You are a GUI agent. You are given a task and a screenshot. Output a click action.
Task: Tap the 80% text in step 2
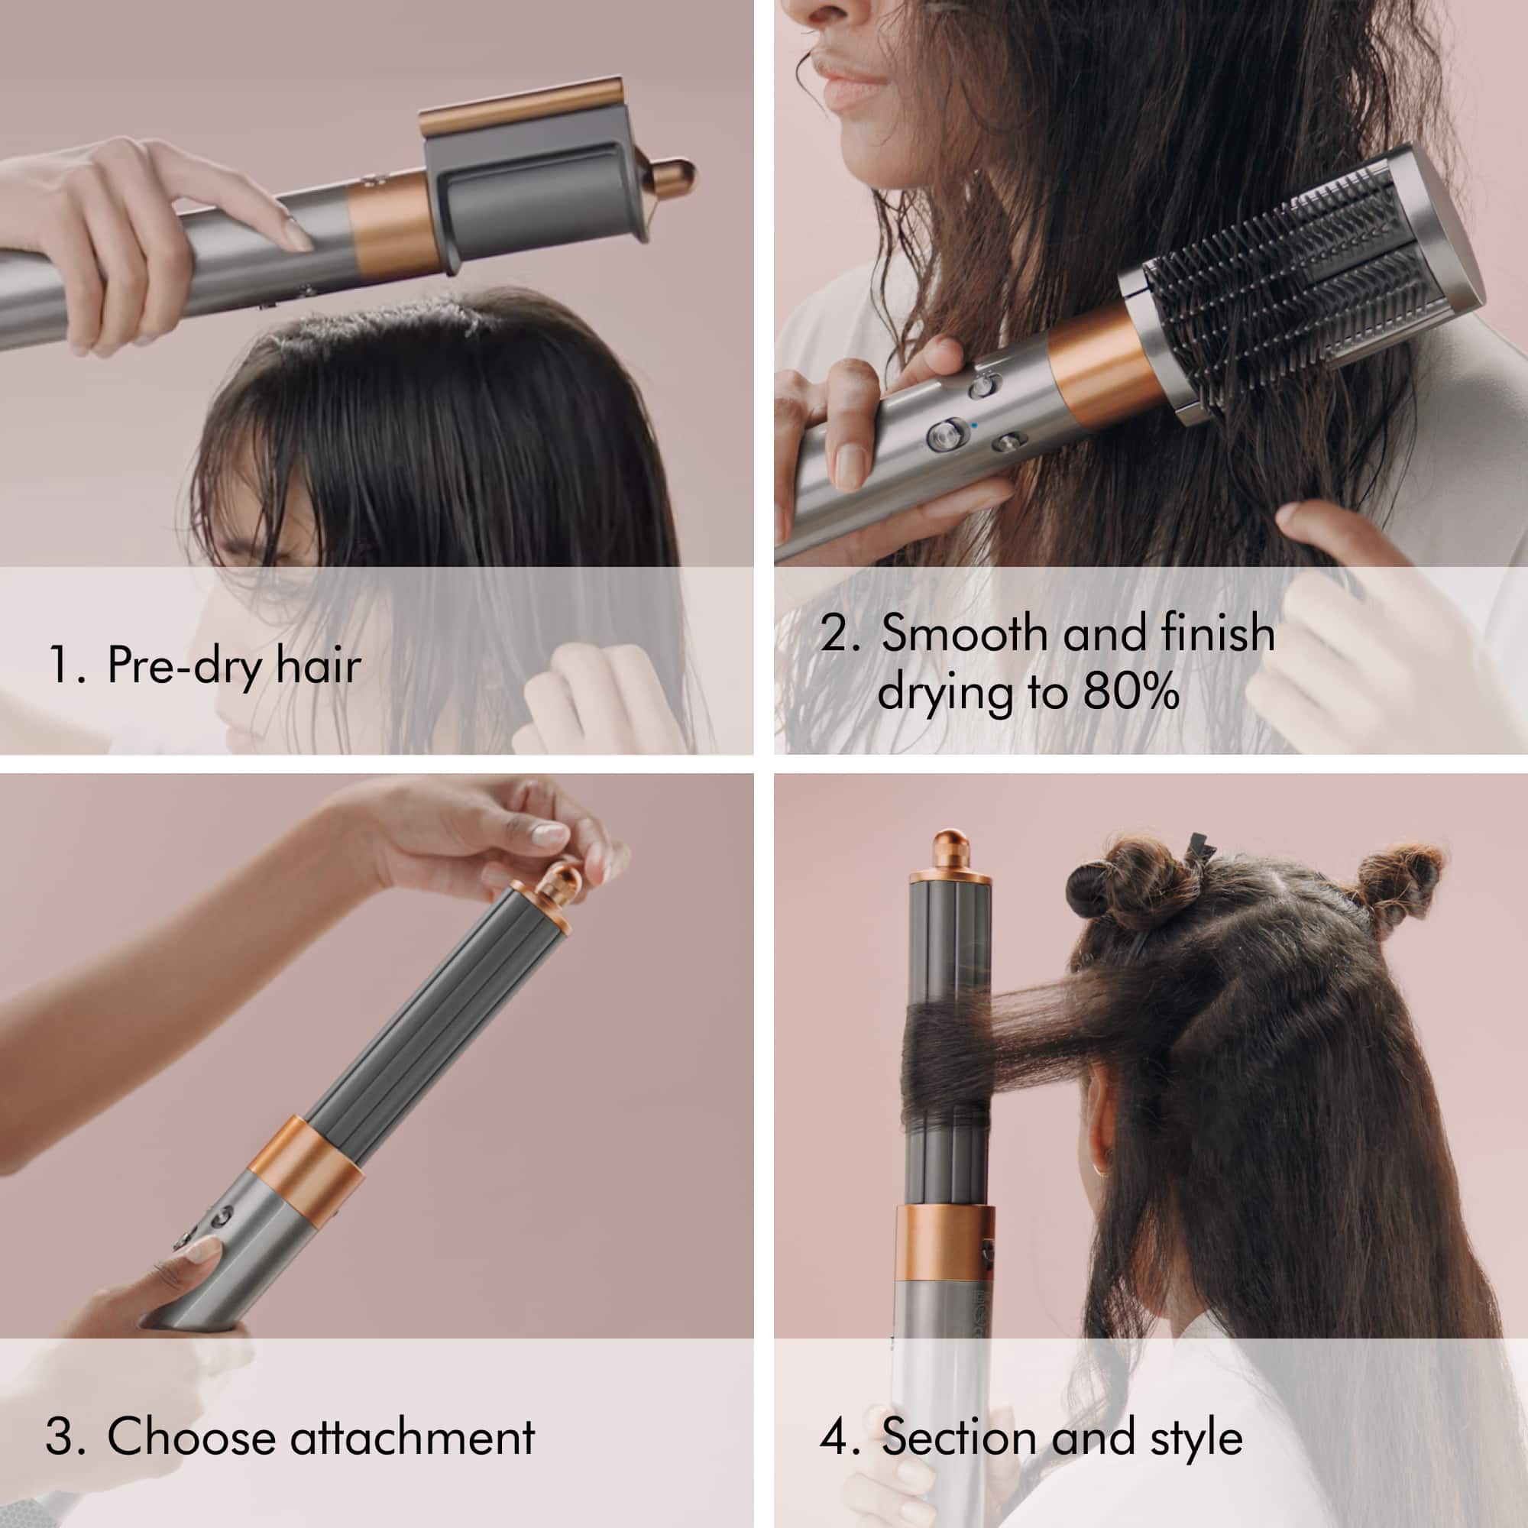coord(1130,693)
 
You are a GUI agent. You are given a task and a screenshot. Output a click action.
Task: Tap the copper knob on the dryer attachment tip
coord(672,173)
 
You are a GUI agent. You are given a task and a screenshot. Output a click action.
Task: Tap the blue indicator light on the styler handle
coord(975,424)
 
